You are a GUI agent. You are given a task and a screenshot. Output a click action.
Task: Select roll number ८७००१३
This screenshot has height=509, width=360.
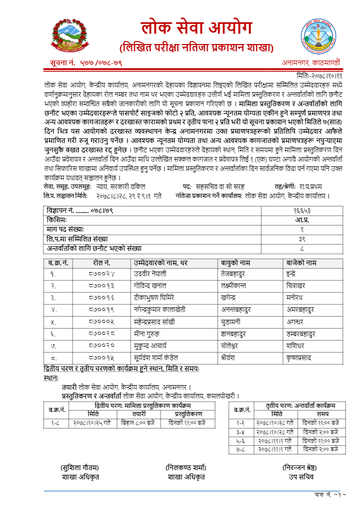(103, 285)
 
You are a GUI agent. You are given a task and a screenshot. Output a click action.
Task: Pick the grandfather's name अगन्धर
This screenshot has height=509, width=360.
(296, 321)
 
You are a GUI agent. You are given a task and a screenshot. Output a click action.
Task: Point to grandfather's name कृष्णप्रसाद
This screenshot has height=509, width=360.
(300, 358)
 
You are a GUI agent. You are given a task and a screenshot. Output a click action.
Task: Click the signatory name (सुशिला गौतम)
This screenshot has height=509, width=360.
(80, 467)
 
